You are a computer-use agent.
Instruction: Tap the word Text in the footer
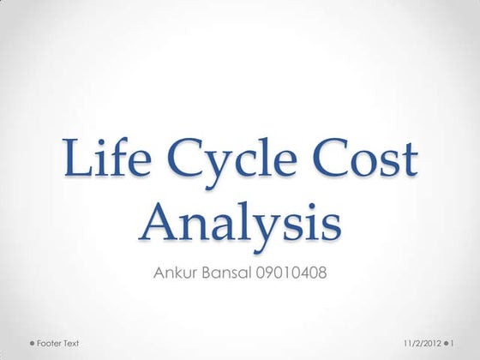(71, 343)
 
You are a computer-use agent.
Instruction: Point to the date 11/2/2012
(423, 343)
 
